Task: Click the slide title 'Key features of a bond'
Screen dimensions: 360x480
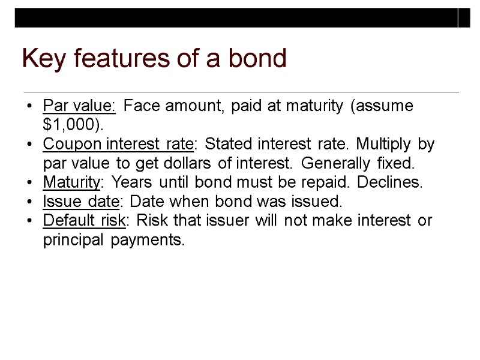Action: pos(154,59)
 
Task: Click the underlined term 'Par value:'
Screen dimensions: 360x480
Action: pos(79,107)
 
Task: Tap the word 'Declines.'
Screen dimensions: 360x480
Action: pos(394,182)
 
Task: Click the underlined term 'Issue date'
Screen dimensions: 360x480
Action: pos(76,202)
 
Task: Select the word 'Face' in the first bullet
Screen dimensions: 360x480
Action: pos(142,107)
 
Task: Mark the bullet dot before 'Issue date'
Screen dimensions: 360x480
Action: pos(29,202)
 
